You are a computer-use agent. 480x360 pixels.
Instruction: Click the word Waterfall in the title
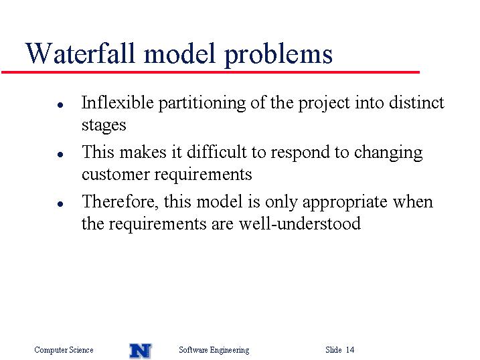point(80,53)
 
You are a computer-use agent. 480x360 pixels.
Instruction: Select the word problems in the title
point(278,55)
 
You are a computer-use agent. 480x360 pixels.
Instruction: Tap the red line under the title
point(210,72)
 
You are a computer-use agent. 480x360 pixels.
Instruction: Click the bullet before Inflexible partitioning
point(60,105)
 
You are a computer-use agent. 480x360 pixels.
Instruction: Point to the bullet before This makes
point(60,155)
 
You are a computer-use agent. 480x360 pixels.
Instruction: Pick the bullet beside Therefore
point(60,203)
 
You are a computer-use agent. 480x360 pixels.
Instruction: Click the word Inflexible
point(118,102)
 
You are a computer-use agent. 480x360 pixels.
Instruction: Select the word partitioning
point(202,103)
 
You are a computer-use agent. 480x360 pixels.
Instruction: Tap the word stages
point(104,125)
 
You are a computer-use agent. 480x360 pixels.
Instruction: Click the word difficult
point(217,151)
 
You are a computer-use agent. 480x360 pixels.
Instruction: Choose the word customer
point(115,175)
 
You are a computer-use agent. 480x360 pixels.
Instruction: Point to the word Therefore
point(121,201)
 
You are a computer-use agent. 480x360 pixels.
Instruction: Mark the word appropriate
point(345,203)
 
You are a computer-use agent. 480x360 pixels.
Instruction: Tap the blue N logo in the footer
point(141,351)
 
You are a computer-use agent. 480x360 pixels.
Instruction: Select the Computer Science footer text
point(64,349)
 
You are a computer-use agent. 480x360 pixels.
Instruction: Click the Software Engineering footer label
point(214,350)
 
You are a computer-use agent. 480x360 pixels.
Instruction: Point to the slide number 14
point(350,349)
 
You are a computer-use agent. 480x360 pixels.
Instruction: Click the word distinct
point(416,102)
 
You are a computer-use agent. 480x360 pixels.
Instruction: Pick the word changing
point(388,153)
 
